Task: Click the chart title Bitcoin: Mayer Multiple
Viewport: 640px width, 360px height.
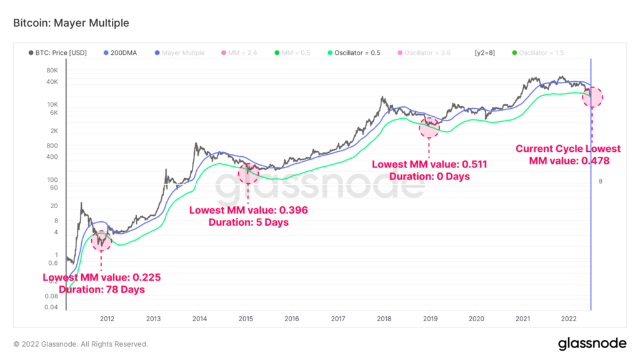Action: coord(71,23)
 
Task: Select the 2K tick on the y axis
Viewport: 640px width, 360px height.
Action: coord(53,131)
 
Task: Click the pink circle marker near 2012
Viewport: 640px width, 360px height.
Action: coord(101,241)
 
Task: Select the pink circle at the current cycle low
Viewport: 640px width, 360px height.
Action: coord(592,97)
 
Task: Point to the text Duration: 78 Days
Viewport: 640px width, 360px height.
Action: coord(102,289)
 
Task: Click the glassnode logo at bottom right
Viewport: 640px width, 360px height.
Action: coord(592,344)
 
